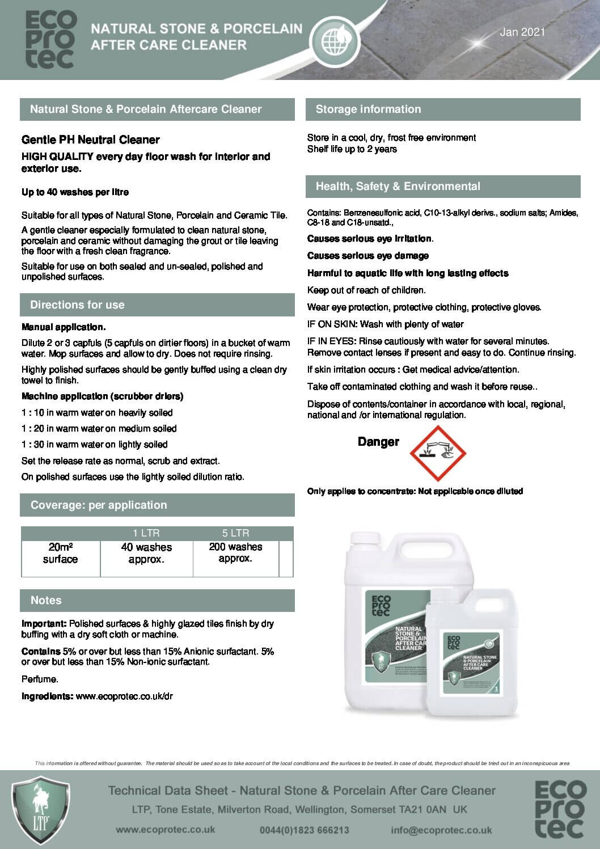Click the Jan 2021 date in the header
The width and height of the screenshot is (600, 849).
click(522, 32)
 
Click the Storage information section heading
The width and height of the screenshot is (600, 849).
click(368, 109)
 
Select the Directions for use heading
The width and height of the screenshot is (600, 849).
click(77, 305)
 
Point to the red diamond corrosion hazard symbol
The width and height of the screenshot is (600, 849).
click(437, 453)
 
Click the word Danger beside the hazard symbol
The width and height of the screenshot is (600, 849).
click(378, 442)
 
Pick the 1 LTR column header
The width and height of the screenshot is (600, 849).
click(146, 533)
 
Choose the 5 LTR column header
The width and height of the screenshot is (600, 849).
click(235, 533)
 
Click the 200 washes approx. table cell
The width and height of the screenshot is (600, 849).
click(235, 553)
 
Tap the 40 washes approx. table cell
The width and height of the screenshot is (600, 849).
click(146, 554)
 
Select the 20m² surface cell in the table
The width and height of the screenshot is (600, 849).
click(60, 554)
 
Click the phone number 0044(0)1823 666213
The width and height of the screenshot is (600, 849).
click(305, 830)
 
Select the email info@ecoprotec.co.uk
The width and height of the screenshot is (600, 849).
click(441, 830)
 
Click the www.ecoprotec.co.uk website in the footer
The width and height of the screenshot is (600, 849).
click(165, 830)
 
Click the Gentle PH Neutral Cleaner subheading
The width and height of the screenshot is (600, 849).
click(91, 140)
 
